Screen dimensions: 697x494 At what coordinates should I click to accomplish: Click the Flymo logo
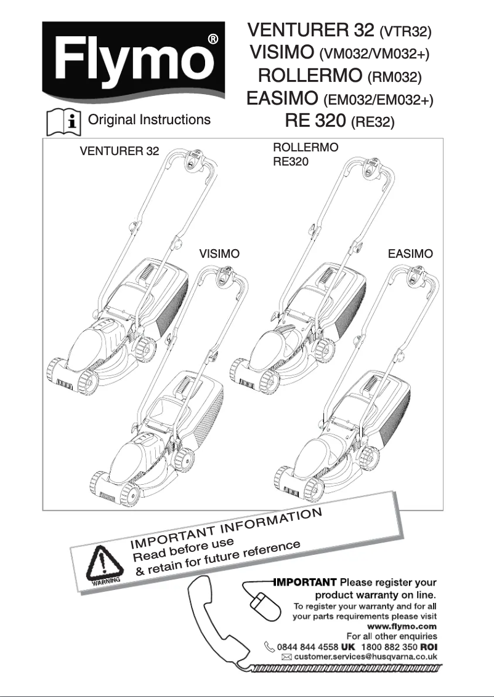tap(130, 62)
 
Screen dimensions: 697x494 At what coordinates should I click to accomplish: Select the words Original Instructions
tap(150, 119)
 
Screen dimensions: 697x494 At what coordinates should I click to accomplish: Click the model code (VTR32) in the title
tap(405, 31)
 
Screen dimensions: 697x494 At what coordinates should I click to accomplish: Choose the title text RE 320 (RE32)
tap(339, 121)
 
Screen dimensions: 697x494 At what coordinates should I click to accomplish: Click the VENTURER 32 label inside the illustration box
tap(119, 151)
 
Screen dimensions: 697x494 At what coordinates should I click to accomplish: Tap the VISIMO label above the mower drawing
tap(219, 253)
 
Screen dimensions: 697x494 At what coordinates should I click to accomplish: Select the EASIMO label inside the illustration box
tap(410, 253)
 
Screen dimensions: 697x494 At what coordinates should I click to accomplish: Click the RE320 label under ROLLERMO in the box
tap(290, 162)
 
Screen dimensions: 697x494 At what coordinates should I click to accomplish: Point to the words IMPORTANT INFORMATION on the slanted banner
tap(225, 528)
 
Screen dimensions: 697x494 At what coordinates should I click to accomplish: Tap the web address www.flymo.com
tap(407, 626)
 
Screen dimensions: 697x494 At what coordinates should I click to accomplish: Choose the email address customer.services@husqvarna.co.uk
tap(365, 657)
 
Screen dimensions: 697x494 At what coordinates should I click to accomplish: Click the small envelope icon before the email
tap(286, 658)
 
